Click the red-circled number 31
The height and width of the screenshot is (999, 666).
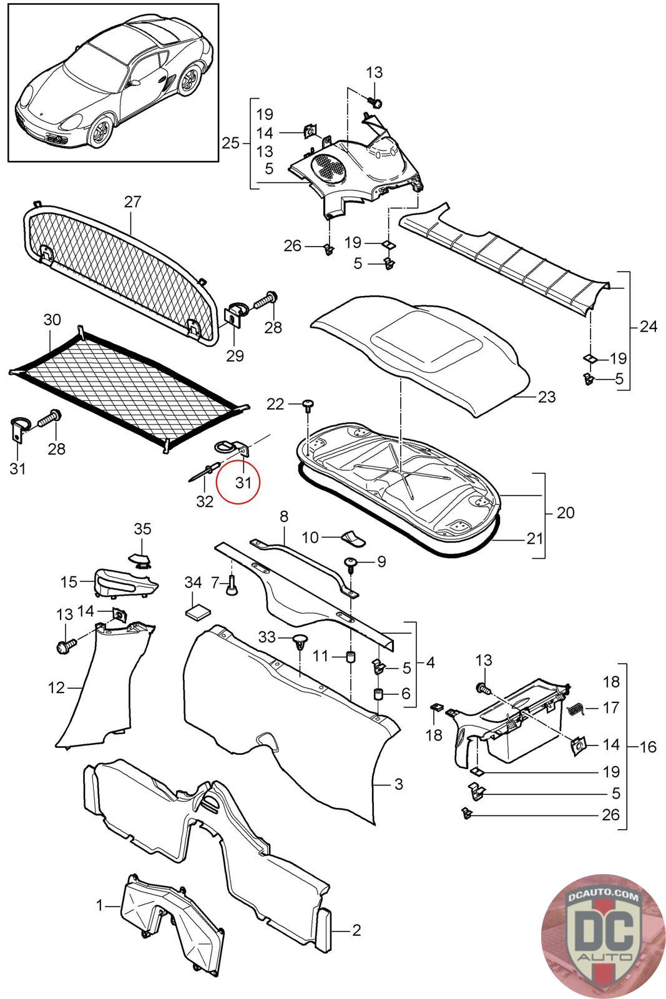[x=243, y=483]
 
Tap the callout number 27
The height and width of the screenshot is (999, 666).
[x=132, y=202]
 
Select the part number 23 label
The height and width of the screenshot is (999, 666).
[x=547, y=397]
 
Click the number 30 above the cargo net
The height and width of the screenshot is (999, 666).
[x=52, y=320]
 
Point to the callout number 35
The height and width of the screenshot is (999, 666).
[x=142, y=529]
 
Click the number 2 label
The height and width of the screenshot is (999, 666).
[x=356, y=930]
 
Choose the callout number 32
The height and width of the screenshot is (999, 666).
[x=205, y=501]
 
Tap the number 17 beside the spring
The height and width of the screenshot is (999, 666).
[x=611, y=707]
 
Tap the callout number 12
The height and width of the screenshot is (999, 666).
[x=56, y=687]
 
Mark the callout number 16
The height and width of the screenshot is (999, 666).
[x=648, y=746]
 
